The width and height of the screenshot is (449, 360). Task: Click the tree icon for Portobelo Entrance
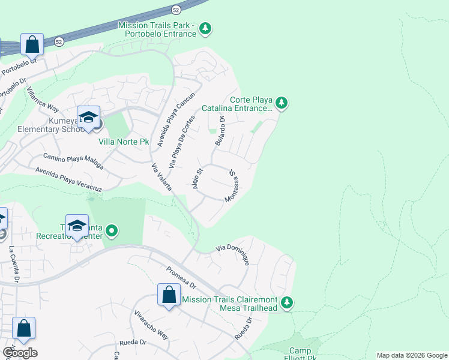point(206,28)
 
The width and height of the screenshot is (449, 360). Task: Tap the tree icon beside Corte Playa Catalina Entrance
point(282,104)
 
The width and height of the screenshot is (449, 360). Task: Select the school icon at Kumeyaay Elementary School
point(88,118)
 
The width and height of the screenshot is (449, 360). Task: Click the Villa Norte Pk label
point(124,142)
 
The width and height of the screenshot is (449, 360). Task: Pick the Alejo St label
point(196,179)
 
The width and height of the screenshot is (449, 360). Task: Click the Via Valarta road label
point(162,177)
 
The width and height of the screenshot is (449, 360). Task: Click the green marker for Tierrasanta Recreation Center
point(112,230)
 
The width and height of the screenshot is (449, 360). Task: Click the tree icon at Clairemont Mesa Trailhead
point(288,302)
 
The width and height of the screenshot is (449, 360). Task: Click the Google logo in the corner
point(19,353)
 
